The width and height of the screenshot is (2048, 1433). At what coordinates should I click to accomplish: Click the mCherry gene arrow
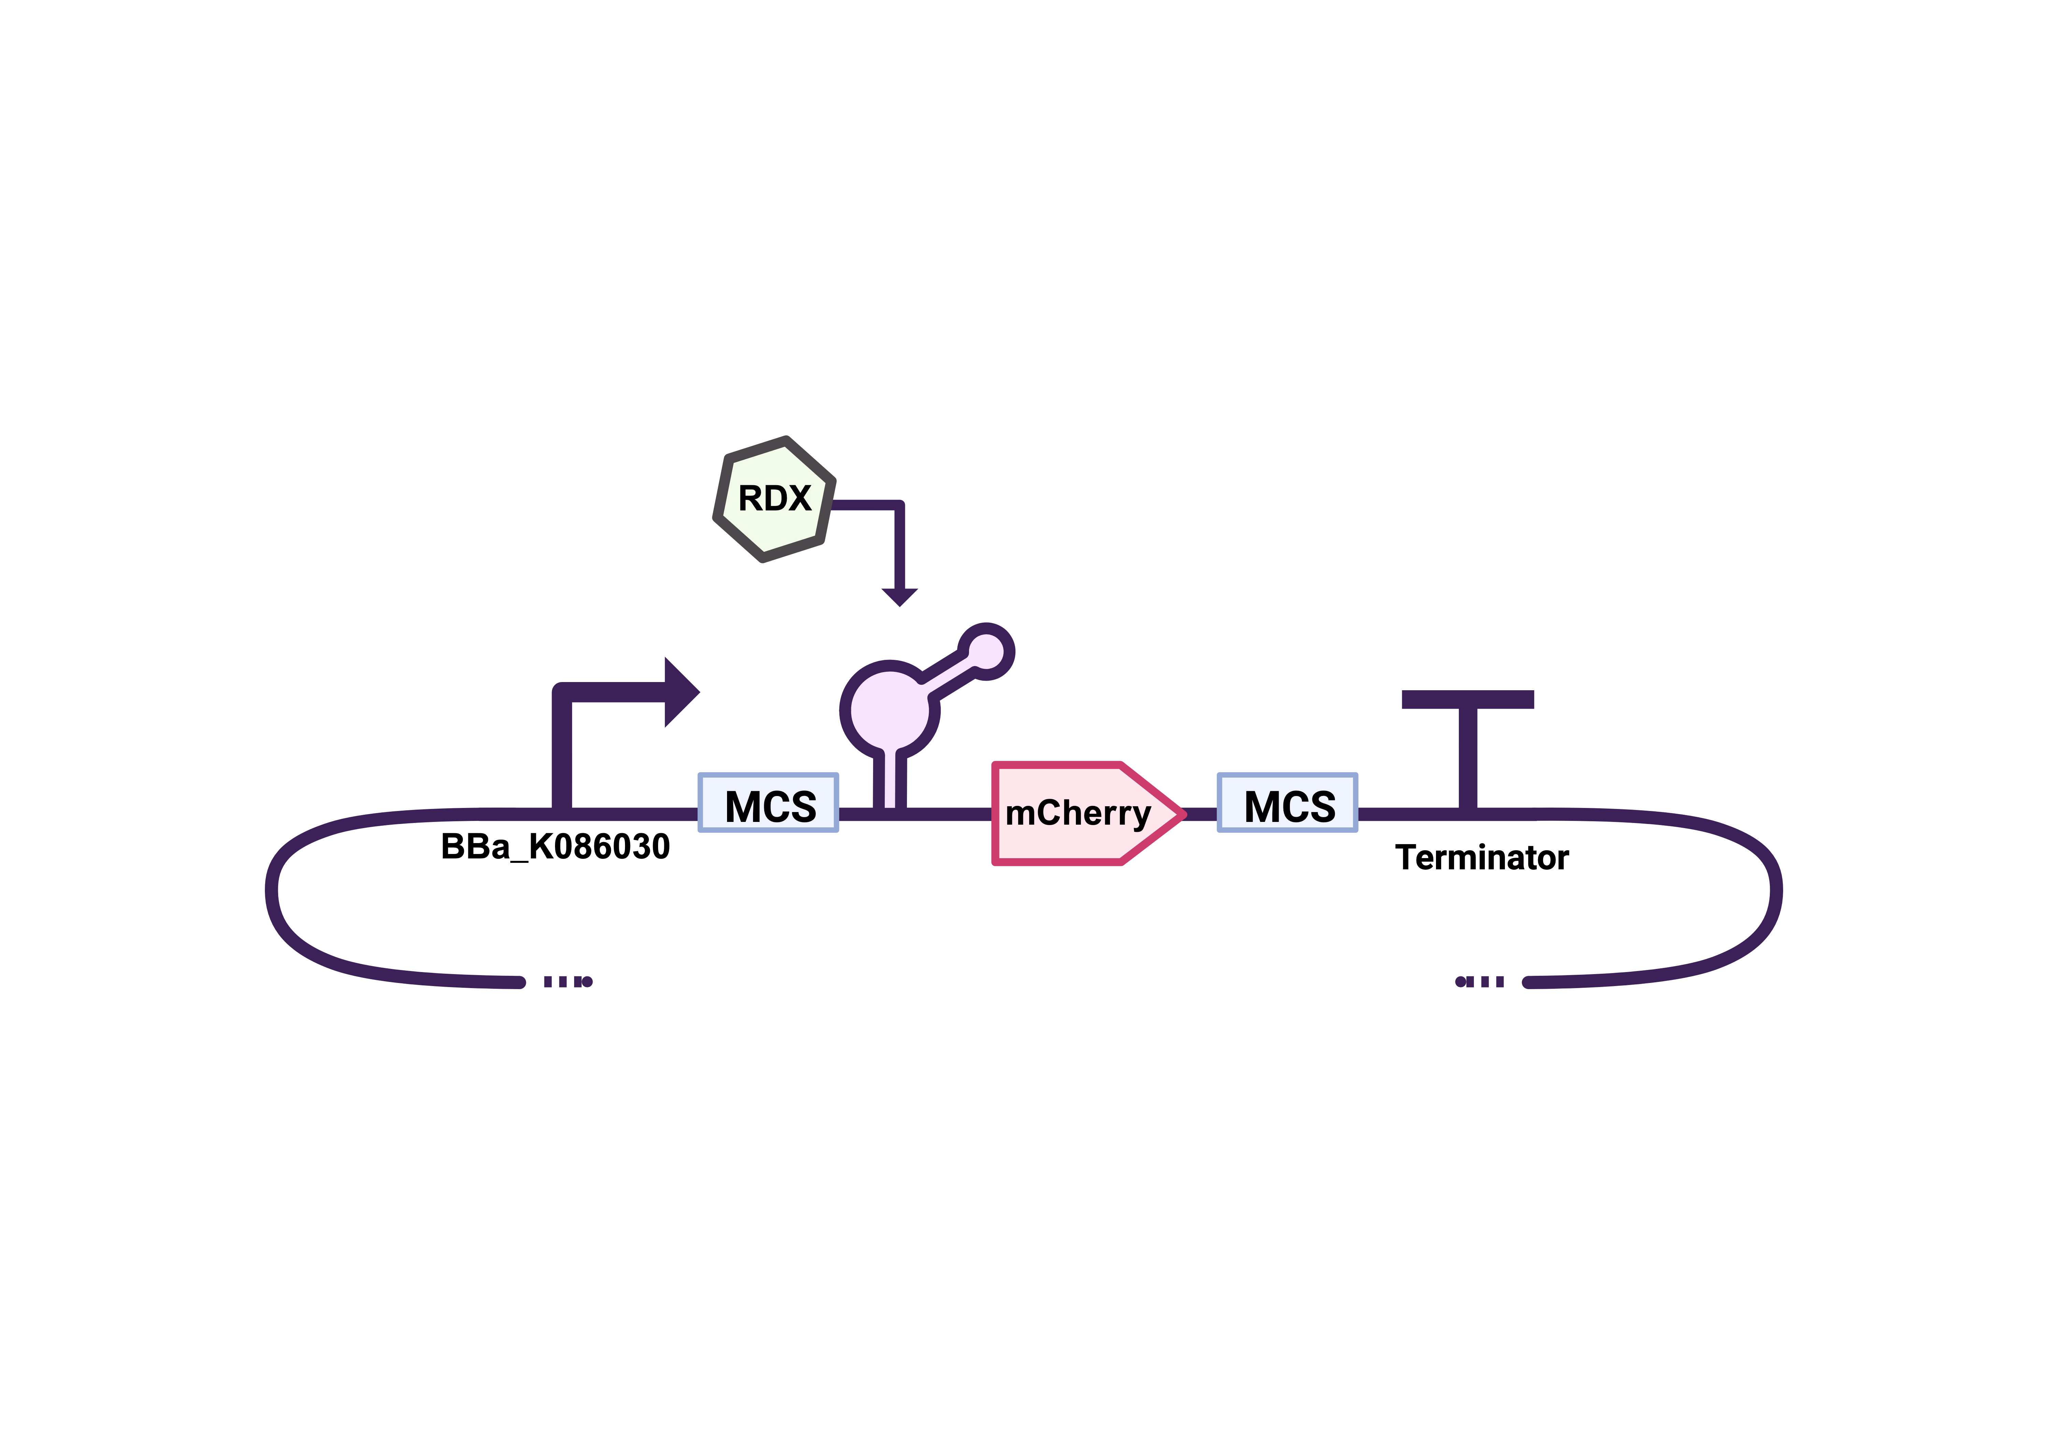tap(1079, 813)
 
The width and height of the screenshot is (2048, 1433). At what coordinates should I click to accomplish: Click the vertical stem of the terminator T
tap(1467, 758)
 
